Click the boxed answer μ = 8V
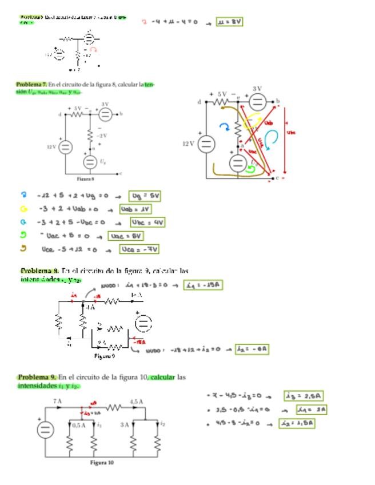point(230,22)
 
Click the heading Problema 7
point(31,85)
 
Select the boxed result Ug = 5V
point(145,196)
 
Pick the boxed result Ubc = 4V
point(147,222)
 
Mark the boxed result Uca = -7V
point(139,249)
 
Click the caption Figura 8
point(85,178)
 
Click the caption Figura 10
point(101,462)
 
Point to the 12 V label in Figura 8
point(51,147)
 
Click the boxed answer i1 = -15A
point(203,285)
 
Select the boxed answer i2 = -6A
point(252,349)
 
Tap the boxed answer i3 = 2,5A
point(304,396)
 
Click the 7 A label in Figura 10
point(58,401)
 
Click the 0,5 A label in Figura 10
point(79,425)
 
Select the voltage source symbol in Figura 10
point(46,430)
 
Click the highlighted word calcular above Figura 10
point(162,377)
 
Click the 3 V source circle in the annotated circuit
point(258,102)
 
